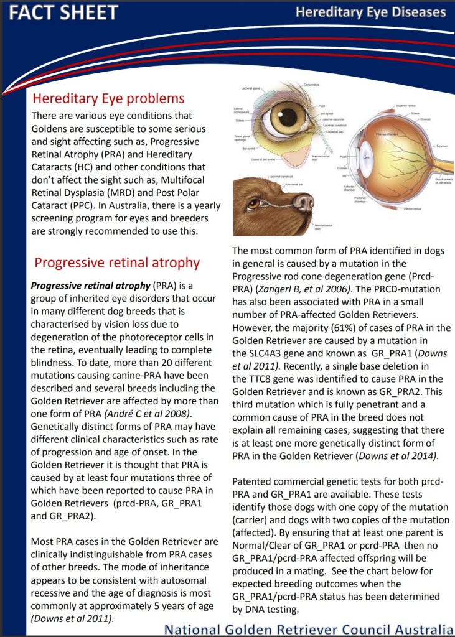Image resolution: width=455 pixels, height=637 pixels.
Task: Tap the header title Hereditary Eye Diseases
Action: (370, 12)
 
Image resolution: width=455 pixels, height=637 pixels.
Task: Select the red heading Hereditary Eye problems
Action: (108, 98)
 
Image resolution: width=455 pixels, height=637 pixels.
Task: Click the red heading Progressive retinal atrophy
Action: (117, 263)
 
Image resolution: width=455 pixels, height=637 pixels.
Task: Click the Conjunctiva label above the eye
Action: (312, 84)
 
